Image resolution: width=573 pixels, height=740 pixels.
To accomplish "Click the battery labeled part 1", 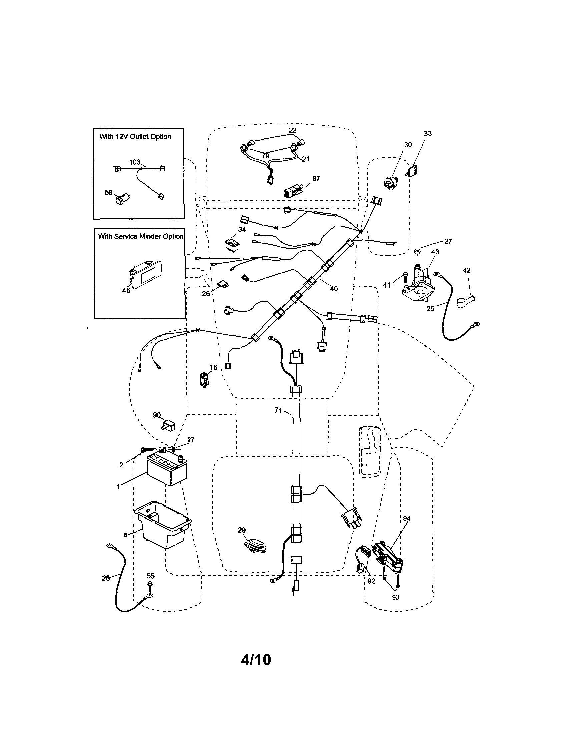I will point(167,470).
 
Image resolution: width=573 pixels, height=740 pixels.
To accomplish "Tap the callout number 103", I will point(134,162).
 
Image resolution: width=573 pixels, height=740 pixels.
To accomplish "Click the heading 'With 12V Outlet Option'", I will point(135,137).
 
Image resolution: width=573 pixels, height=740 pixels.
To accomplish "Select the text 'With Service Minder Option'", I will point(140,236).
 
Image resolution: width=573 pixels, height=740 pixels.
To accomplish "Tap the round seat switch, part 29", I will point(256,546).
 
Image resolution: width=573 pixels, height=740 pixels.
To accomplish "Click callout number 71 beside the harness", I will point(278,410).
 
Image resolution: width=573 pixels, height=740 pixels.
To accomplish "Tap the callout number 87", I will point(316,179).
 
